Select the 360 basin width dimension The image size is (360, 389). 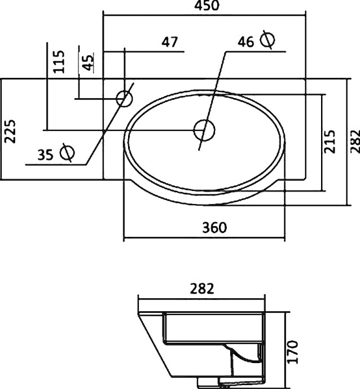coord(214,227)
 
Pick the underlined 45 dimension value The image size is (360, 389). coord(88,62)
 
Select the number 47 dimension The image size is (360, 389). coord(169,42)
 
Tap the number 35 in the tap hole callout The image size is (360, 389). coord(47,153)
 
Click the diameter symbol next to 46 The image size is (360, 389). coord(268,40)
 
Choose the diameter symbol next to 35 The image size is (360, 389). coord(68,152)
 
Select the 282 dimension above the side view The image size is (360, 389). coord(202,289)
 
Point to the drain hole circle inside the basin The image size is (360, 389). coord(204,130)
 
